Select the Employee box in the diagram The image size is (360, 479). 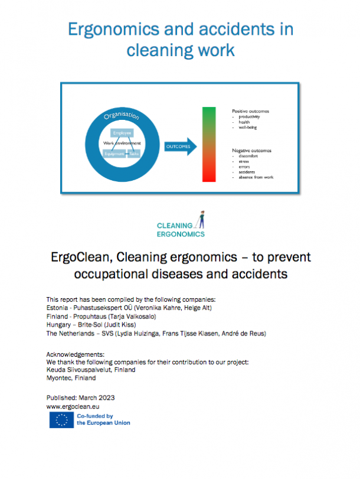click(x=122, y=133)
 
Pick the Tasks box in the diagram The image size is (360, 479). click(x=134, y=154)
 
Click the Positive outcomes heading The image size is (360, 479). click(x=252, y=111)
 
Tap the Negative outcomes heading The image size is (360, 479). click(x=253, y=151)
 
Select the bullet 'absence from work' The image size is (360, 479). click(x=256, y=177)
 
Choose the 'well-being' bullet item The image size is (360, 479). click(x=247, y=128)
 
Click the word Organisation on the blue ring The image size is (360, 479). click(x=121, y=115)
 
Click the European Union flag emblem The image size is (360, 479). click(x=61, y=420)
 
